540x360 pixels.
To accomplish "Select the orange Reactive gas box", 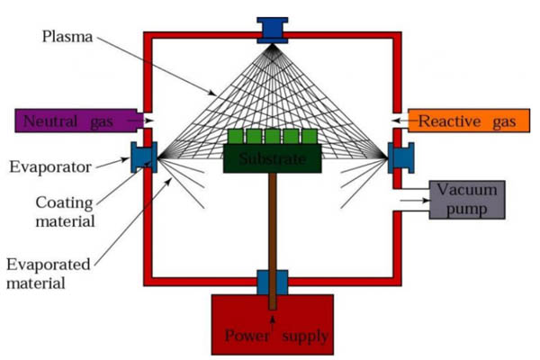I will point(463,120).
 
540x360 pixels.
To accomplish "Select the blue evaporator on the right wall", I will point(400,157).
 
